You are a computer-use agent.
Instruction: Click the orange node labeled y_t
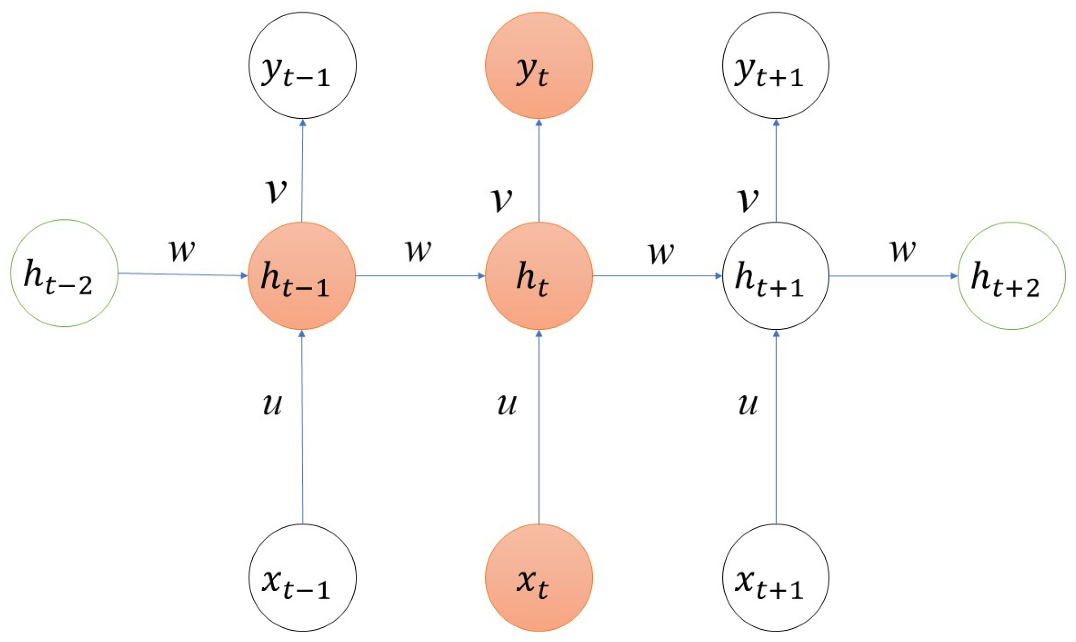click(x=539, y=65)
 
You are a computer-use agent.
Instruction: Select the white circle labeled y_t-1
click(x=302, y=65)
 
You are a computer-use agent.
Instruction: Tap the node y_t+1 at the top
click(x=775, y=65)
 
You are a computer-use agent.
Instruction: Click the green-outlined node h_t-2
click(x=64, y=273)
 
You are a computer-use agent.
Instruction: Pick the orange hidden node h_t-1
click(x=301, y=276)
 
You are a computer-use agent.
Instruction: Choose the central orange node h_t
click(x=539, y=276)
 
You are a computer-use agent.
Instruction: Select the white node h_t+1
click(x=775, y=276)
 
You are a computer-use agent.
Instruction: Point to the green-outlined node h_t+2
click(x=1011, y=276)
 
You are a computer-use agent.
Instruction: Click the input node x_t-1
click(x=302, y=578)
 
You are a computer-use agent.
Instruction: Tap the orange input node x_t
click(x=539, y=578)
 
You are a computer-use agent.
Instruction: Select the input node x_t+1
click(x=775, y=578)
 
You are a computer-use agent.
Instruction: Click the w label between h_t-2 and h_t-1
click(x=181, y=251)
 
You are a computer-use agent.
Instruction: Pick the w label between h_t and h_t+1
click(x=661, y=253)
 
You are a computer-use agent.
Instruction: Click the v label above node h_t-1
click(x=276, y=191)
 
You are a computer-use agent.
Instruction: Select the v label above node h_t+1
click(x=748, y=199)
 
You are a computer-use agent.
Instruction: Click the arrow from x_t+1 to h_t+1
click(x=776, y=426)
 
